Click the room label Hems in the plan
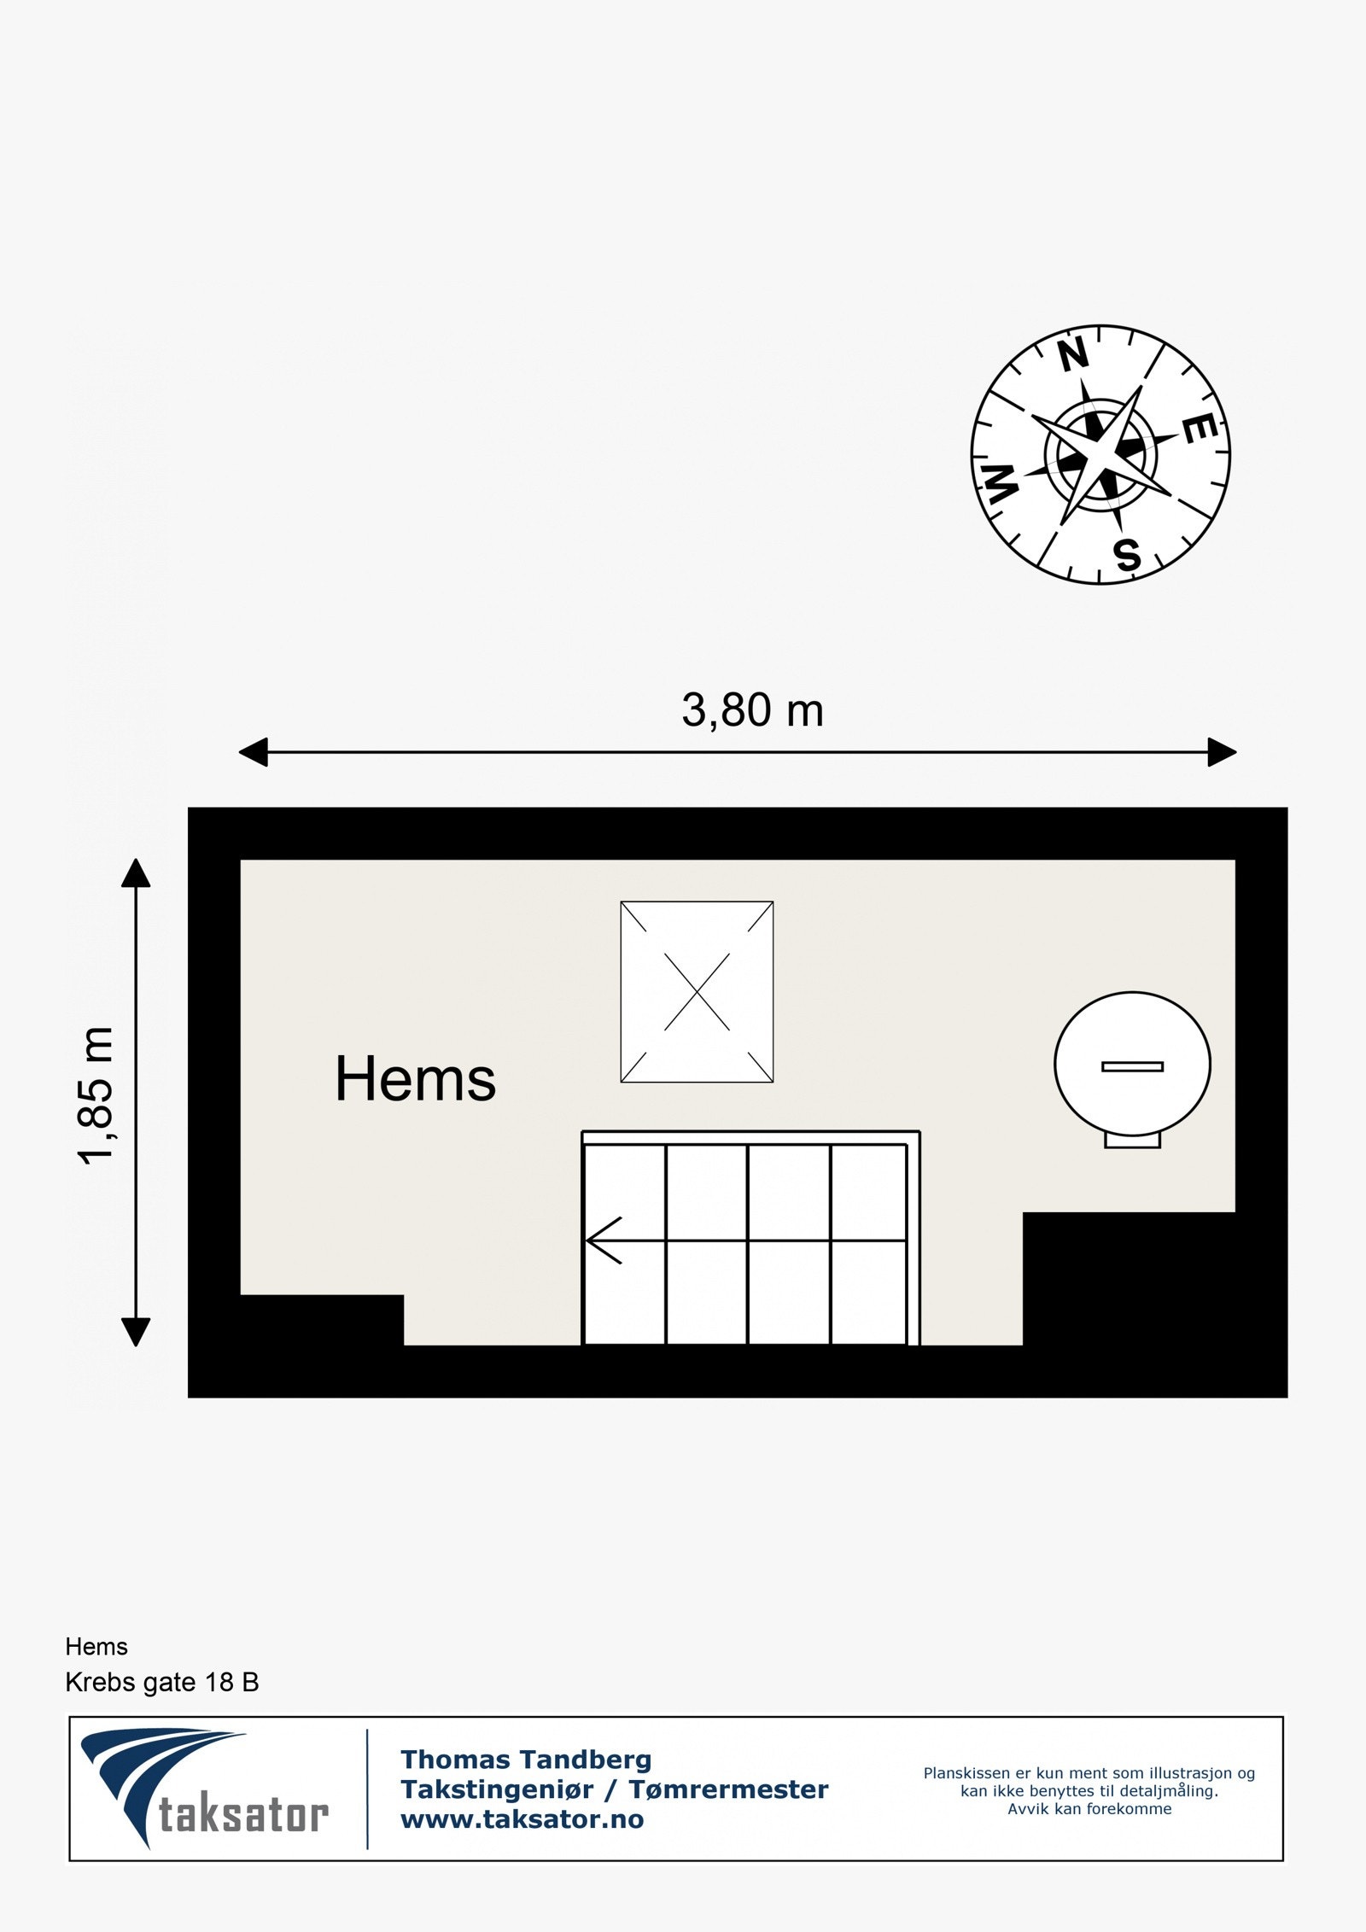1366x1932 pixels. click(x=415, y=1079)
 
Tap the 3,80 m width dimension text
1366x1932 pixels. click(x=752, y=710)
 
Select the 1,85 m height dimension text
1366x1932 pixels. click(x=96, y=1095)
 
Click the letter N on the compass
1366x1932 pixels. click(x=1074, y=355)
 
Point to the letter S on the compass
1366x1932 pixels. click(x=1128, y=555)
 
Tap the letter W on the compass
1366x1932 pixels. click(x=1001, y=485)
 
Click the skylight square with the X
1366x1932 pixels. click(x=697, y=992)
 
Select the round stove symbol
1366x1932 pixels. click(x=1132, y=1064)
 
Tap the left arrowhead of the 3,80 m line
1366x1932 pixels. click(x=254, y=752)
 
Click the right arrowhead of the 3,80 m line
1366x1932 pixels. click(x=1222, y=752)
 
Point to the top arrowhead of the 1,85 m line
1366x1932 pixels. click(x=136, y=873)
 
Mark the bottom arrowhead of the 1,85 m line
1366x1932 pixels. click(x=136, y=1331)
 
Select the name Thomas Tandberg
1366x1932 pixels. click(x=526, y=1760)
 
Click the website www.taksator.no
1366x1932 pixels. click(x=522, y=1819)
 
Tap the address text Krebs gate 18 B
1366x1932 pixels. click(x=162, y=1683)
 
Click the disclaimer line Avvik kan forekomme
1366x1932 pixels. click(x=1089, y=1809)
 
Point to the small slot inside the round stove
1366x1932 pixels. click(x=1132, y=1066)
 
